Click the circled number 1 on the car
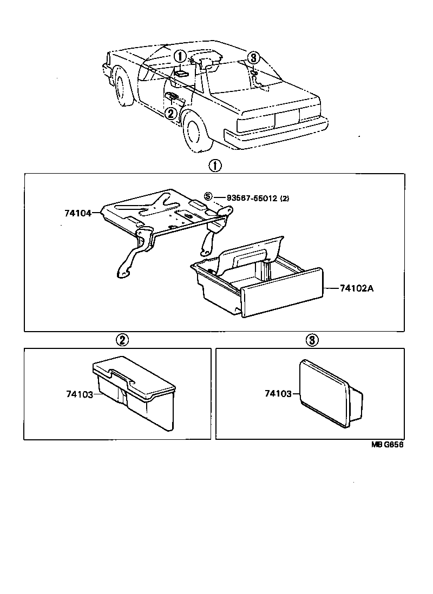[180, 56]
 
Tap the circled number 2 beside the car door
[170, 114]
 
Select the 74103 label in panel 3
[278, 394]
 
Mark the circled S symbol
[207, 197]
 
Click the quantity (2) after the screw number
[285, 198]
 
